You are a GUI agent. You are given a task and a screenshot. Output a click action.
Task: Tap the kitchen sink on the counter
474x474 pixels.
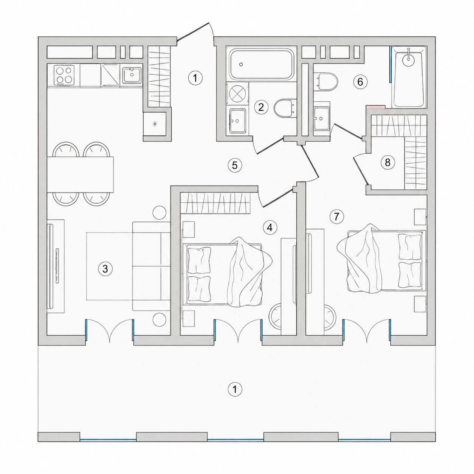[132, 75]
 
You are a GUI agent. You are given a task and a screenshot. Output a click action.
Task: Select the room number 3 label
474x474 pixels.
[105, 269]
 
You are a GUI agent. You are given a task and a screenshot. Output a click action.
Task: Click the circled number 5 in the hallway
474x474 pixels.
[235, 165]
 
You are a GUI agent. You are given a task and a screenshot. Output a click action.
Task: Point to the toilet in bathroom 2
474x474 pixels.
[284, 108]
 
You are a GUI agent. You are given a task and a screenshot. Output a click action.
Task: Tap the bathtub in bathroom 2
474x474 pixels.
[262, 64]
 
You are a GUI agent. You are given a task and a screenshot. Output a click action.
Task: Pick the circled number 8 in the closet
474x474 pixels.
[387, 162]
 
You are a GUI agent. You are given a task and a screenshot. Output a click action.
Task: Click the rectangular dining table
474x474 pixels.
[80, 175]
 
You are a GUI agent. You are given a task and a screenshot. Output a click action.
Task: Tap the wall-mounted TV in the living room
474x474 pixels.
[50, 266]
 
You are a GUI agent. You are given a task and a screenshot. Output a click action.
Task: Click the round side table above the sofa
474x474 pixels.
[159, 212]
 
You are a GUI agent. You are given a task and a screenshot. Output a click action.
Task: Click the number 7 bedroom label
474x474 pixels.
[337, 217]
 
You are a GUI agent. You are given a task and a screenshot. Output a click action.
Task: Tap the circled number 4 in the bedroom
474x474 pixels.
[270, 228]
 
